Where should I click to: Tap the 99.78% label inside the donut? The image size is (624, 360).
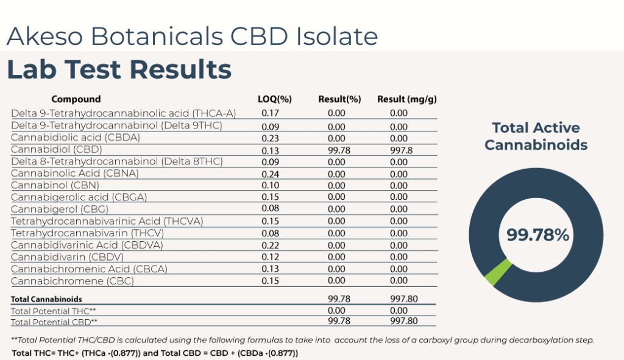(538, 235)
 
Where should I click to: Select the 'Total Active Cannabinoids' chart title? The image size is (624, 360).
(536, 136)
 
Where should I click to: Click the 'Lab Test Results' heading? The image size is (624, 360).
(119, 69)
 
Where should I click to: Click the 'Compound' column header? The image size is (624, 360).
(76, 99)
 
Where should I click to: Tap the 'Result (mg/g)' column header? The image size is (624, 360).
(407, 99)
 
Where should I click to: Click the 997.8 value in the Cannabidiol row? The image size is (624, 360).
(399, 150)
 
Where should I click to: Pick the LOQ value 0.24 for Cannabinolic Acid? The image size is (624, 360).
(270, 173)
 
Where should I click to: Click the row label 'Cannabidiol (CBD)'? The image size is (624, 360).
(57, 149)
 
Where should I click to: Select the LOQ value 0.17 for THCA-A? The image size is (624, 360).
(270, 113)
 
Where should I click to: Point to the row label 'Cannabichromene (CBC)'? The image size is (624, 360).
(73, 281)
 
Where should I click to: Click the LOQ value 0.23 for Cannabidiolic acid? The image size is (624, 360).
(270, 138)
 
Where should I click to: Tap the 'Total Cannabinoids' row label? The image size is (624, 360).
(46, 299)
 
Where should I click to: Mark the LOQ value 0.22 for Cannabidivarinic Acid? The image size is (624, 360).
(270, 245)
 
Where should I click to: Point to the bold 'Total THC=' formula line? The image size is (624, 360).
(155, 353)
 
